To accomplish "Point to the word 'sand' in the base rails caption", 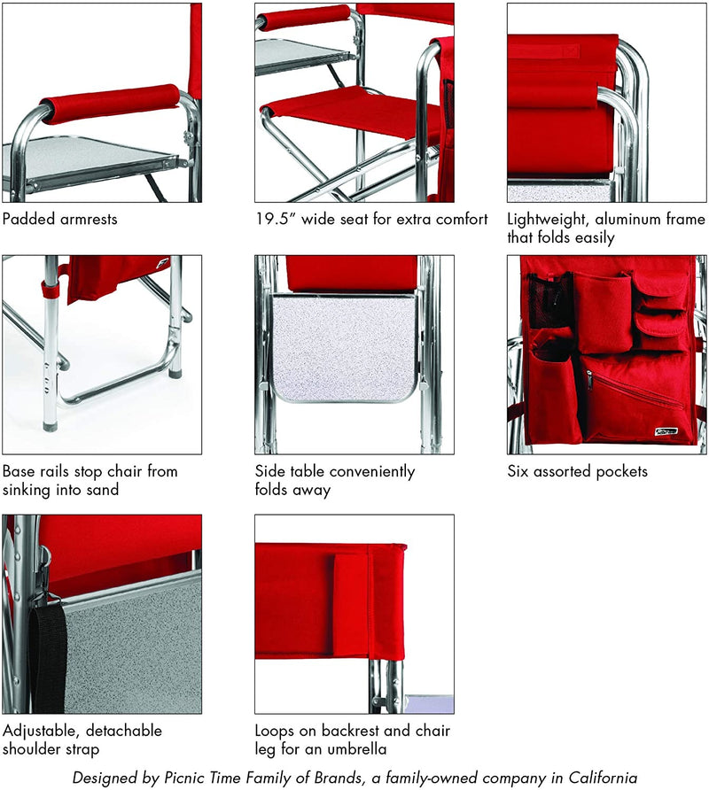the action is pyautogui.click(x=103, y=489).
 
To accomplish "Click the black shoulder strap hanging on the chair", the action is pyautogui.click(x=47, y=655).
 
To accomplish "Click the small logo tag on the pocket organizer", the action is pyautogui.click(x=666, y=431).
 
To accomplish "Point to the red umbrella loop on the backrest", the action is pyautogui.click(x=351, y=605).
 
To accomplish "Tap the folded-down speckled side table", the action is pyautogui.click(x=345, y=348).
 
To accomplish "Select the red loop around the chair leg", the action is pyautogui.click(x=50, y=290).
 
